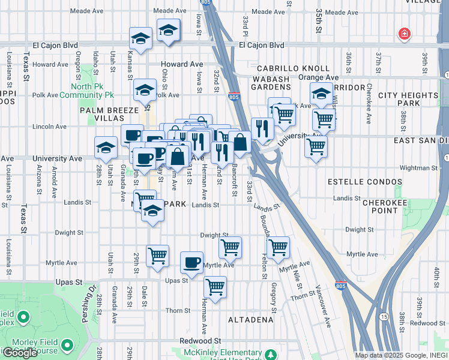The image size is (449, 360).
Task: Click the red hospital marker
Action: click(405, 34)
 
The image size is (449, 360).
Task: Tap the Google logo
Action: click(20, 352)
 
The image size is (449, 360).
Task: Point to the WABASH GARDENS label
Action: click(271, 84)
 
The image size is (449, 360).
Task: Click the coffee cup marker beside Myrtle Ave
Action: click(191, 262)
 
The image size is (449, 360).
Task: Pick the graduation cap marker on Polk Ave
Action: click(145, 90)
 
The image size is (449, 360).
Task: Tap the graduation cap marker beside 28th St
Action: click(106, 148)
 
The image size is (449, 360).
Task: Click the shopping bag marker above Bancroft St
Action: click(240, 142)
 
